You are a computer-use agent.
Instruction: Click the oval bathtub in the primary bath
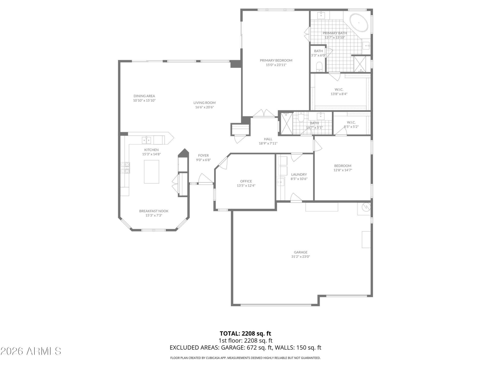pyautogui.click(x=359, y=23)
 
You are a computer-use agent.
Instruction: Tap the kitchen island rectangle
pyautogui.click(x=151, y=172)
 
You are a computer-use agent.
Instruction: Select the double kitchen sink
pyautogui.click(x=147, y=140)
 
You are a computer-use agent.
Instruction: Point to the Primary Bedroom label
pyautogui.click(x=276, y=61)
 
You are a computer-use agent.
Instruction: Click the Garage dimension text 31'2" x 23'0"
pyautogui.click(x=300, y=257)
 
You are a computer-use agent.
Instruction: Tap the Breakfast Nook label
pyautogui.click(x=154, y=211)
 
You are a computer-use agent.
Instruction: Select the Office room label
pyautogui.click(x=246, y=181)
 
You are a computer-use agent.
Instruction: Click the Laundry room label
pyautogui.click(x=299, y=175)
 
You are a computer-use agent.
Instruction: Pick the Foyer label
pyautogui.click(x=203, y=155)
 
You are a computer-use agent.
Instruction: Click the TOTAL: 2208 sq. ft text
pyautogui.click(x=245, y=333)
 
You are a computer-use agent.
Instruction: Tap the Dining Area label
pyautogui.click(x=144, y=96)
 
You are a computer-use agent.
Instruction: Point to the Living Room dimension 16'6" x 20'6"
pyautogui.click(x=204, y=107)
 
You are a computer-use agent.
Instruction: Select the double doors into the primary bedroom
pyautogui.click(x=264, y=113)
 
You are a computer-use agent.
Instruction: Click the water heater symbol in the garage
pyautogui.click(x=366, y=207)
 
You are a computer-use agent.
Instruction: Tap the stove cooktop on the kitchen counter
pyautogui.click(x=125, y=168)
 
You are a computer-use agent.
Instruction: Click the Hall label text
pyautogui.click(x=268, y=139)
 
